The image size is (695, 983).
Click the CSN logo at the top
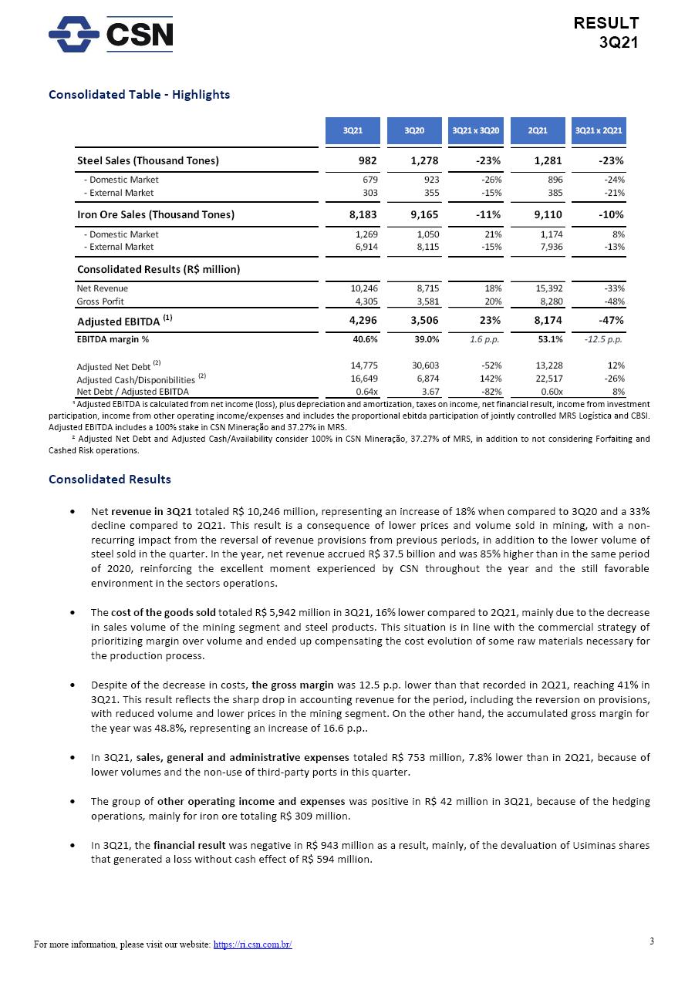(111, 34)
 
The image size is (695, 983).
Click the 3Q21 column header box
(353, 131)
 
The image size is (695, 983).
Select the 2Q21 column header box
(538, 131)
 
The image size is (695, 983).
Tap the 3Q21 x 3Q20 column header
(476, 131)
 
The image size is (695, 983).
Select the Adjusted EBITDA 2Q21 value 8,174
(545, 321)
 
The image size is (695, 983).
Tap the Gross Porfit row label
(100, 301)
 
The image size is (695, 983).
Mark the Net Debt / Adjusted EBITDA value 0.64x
(366, 392)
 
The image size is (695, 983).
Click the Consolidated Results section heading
(110, 480)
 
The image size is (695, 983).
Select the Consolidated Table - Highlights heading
(139, 95)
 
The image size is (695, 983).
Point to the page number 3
(652, 941)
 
